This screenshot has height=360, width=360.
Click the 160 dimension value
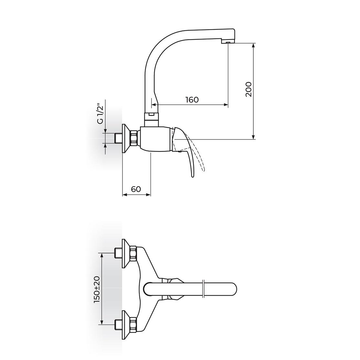coord(192,100)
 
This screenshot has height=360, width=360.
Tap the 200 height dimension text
coord(249,89)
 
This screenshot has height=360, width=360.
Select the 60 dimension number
coord(136,189)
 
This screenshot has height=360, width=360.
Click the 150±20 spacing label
coord(96,289)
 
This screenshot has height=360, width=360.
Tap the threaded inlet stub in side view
coord(118,138)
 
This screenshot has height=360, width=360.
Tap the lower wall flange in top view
coord(125,325)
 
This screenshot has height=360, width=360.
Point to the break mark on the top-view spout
coord(203,289)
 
